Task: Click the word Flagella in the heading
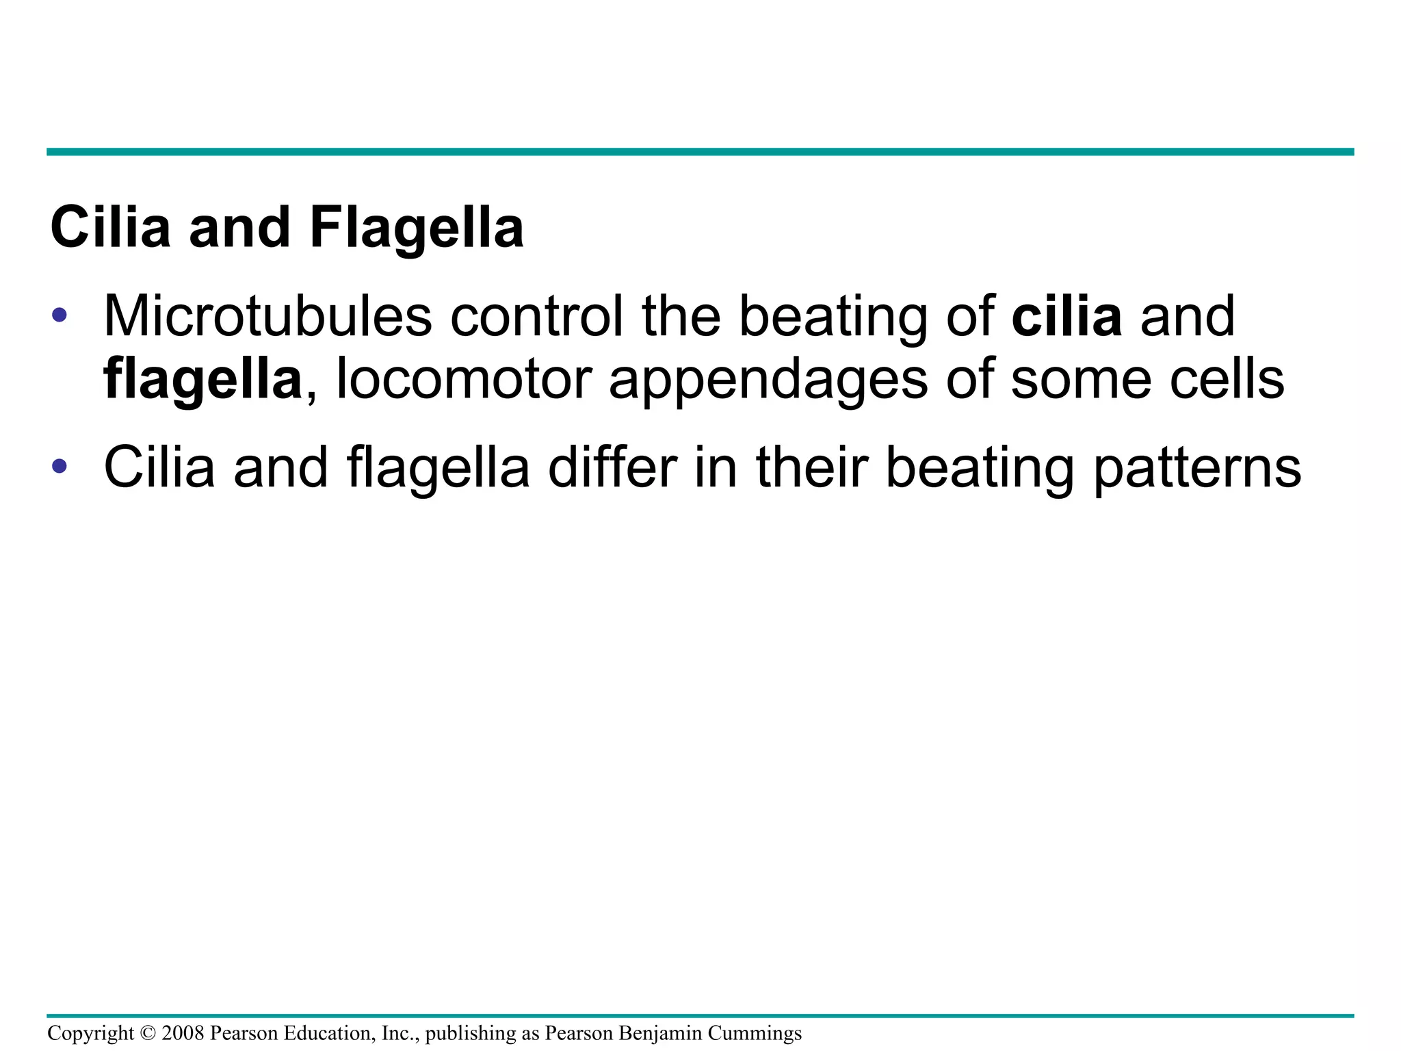pos(417,228)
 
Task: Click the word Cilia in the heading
pos(110,228)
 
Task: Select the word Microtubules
pos(267,316)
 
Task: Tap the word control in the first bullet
pos(536,316)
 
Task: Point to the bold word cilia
pos(1066,316)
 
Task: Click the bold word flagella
pos(202,379)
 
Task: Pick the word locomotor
pos(464,379)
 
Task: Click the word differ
pos(612,467)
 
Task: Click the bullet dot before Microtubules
pos(60,315)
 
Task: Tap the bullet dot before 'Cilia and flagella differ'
pos(60,467)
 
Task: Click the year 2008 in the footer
pos(183,1033)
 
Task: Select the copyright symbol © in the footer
pos(148,1033)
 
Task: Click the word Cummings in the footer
pos(755,1033)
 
